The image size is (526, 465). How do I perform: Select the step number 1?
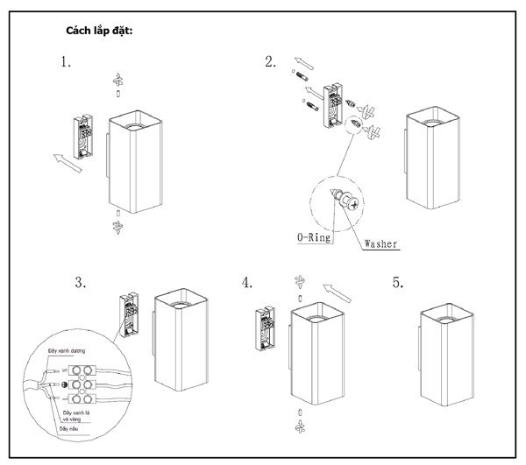click(65, 62)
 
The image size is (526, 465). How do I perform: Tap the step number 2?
click(270, 61)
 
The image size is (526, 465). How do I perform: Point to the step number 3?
click(80, 283)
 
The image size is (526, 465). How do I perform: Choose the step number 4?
click(247, 283)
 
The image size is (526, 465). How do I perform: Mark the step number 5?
click(398, 283)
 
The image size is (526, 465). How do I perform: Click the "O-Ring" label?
click(315, 237)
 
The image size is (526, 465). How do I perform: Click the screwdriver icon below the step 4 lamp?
click(300, 425)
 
